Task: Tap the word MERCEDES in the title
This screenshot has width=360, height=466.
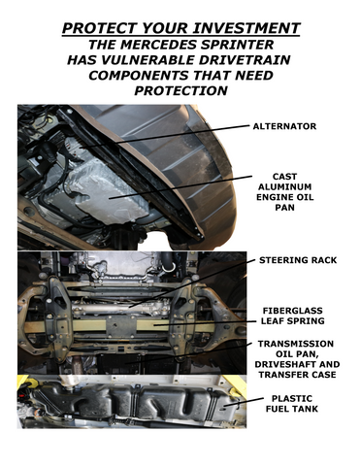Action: coord(160,45)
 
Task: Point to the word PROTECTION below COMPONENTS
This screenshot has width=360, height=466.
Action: coord(180,90)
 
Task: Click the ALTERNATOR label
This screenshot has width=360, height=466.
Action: coord(284,126)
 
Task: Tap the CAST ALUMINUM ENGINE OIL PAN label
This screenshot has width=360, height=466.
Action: coord(284,192)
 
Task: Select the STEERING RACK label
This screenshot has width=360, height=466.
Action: coord(298,260)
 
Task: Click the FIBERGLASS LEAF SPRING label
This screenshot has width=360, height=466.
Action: coord(292,316)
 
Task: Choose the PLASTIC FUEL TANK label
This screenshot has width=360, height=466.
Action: coord(292,404)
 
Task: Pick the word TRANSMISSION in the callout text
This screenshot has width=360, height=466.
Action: coord(295,344)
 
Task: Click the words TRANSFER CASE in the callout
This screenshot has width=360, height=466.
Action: coord(297,375)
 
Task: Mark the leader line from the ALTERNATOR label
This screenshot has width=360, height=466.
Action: coord(165,136)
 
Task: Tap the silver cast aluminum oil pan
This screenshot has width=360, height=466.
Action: coord(104,191)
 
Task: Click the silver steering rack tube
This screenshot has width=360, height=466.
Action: coord(119,308)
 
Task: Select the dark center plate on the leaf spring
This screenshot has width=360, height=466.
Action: coord(121,325)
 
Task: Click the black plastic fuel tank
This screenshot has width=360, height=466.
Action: coord(139,400)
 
